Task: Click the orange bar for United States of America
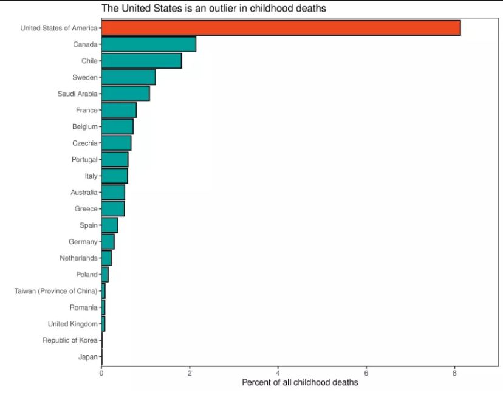[x=281, y=28]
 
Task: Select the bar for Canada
[x=148, y=44]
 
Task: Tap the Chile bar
[x=141, y=61]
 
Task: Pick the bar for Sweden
[x=128, y=77]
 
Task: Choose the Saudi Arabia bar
[x=125, y=94]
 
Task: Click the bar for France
[x=119, y=110]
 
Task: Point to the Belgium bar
[x=117, y=126]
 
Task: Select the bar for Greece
[x=113, y=208]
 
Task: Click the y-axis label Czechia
[x=84, y=143]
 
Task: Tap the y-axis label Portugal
[x=84, y=160]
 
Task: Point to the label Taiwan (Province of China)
[x=56, y=291]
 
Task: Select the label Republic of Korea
[x=70, y=340]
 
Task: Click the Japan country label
[x=87, y=357]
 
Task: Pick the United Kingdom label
[x=72, y=324]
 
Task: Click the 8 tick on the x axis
[x=454, y=372]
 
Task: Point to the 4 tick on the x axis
[x=278, y=372]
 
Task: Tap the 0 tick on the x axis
[x=101, y=372]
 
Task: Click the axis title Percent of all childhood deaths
[x=299, y=383]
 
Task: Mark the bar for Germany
[x=108, y=242]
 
